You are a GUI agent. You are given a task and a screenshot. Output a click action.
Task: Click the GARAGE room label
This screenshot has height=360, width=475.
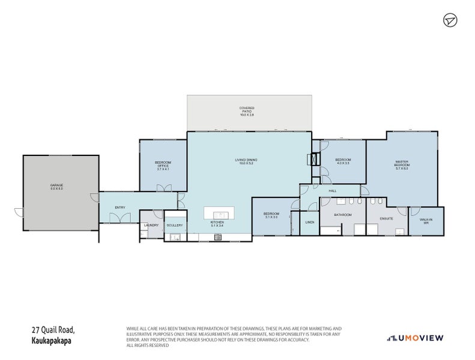pos(56,187)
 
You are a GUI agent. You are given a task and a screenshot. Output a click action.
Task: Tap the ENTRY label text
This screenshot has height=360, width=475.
pos(120,208)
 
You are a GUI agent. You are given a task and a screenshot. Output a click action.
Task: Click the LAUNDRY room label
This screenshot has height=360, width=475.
pos(151,226)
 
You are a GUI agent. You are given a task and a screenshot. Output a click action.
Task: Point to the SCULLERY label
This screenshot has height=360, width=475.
pos(175,226)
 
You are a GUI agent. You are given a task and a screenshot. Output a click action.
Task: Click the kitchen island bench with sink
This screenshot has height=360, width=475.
pos(217,214)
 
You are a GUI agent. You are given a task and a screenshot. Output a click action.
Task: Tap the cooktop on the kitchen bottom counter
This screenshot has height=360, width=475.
pos(217,237)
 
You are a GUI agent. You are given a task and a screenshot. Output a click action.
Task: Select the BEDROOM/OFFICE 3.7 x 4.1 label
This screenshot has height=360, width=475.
pos(163,166)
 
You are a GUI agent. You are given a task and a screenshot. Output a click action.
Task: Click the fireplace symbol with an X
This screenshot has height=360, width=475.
pos(312,160)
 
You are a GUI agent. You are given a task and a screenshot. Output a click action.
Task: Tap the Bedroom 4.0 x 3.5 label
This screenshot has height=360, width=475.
pos(342,161)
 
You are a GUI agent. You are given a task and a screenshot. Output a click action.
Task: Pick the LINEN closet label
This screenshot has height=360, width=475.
pos(309,222)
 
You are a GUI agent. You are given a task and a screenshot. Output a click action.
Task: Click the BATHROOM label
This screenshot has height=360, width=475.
pos(342,214)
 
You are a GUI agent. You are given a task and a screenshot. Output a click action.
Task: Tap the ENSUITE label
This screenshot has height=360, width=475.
pos(386,218)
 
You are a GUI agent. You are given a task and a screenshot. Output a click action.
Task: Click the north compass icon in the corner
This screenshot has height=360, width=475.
pos(450,20)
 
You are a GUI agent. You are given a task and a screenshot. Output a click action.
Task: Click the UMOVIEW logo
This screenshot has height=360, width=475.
pos(416,338)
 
